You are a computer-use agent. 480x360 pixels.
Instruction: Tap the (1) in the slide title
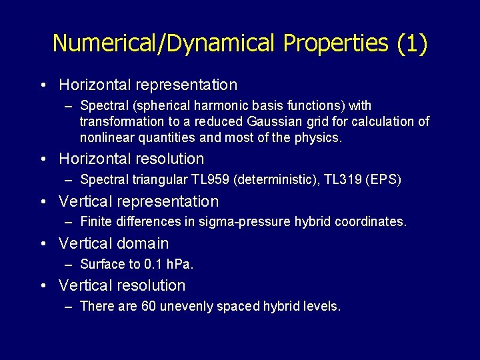[412, 43]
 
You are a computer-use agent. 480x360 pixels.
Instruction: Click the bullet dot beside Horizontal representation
[42, 85]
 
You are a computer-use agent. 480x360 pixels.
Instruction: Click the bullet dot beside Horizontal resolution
[42, 159]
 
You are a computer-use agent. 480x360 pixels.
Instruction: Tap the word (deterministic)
[271, 180]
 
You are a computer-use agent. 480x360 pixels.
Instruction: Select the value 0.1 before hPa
[153, 264]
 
